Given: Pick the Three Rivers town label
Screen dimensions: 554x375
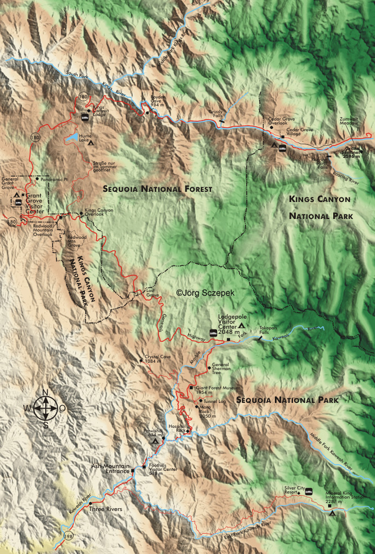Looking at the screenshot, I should tap(105, 509).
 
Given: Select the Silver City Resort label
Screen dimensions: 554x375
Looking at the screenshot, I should tap(295, 491).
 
